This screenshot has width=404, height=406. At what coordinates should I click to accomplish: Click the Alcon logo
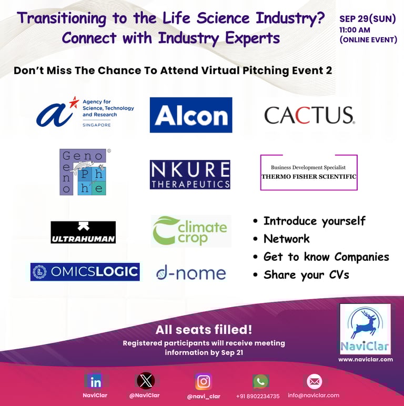(191, 115)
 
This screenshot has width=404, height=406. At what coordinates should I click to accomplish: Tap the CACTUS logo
(309, 115)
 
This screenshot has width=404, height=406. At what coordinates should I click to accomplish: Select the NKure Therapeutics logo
(190, 175)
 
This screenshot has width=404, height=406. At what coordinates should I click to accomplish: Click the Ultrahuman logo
(83, 232)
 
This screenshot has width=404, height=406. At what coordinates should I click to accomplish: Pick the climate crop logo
(191, 231)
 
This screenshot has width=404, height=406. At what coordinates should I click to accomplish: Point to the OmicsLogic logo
(85, 272)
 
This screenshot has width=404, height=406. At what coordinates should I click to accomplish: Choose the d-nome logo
(191, 273)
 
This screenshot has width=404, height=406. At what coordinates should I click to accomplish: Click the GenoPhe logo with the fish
(84, 172)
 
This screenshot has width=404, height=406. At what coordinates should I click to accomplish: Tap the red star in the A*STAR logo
(74, 102)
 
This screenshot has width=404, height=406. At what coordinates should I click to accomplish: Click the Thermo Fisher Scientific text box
(309, 172)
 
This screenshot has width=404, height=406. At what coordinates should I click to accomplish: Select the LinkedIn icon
(95, 382)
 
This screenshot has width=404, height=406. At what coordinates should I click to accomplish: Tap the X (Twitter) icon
(146, 381)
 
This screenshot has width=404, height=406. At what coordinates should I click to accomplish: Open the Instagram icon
(203, 381)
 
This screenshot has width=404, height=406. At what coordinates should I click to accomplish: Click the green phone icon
(260, 381)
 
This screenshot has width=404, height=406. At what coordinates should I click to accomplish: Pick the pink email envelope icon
(315, 381)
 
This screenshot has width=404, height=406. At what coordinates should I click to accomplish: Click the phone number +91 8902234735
(258, 396)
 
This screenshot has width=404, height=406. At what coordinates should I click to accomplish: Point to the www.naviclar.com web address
(366, 359)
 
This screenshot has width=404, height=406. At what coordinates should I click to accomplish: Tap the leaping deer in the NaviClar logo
(365, 325)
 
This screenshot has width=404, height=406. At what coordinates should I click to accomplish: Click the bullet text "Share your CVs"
(306, 275)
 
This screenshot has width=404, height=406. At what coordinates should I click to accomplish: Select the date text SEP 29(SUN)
(368, 19)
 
